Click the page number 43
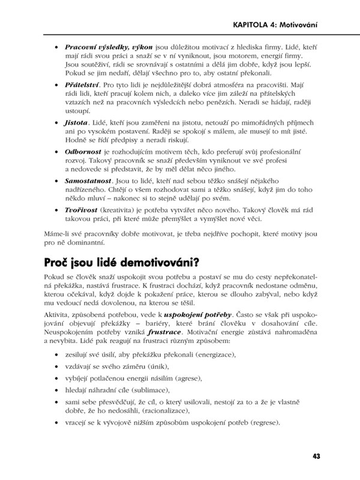pyautogui.click(x=316, y=456)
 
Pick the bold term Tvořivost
pyautogui.click(x=82, y=226)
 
